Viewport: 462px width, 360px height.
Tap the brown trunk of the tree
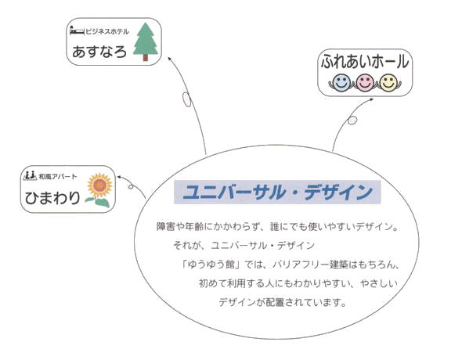click(146, 58)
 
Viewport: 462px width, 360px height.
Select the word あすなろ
click(99, 52)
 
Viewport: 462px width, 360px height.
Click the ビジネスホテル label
click(107, 31)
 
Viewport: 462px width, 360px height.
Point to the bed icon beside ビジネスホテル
click(77, 31)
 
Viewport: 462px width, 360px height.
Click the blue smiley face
click(341, 81)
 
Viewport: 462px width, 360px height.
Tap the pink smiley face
click(365, 82)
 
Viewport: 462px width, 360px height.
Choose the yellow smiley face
click(388, 82)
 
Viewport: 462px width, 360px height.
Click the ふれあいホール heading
click(365, 62)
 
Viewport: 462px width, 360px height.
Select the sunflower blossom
click(100, 185)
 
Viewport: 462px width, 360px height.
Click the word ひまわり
click(52, 197)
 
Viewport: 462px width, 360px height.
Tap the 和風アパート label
click(58, 177)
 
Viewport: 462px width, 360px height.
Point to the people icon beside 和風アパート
click(30, 175)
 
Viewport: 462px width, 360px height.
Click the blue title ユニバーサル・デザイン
click(277, 192)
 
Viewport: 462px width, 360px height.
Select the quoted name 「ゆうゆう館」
click(211, 265)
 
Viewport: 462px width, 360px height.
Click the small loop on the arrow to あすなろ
click(186, 99)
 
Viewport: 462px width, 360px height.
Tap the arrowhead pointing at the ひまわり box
click(119, 177)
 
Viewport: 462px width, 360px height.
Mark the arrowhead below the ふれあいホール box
click(371, 100)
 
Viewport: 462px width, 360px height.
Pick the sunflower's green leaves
click(99, 202)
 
